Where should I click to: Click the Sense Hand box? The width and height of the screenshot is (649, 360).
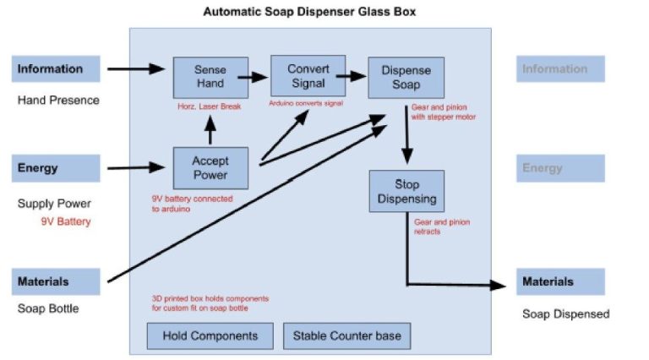[x=210, y=77]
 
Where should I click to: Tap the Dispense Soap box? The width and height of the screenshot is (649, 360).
[x=405, y=78]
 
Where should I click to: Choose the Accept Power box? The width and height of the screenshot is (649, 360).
[x=210, y=168]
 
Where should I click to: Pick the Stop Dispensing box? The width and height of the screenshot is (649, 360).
[x=406, y=192]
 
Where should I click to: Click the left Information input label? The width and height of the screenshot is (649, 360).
[x=56, y=69]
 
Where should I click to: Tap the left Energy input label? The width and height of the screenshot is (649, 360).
[x=56, y=167]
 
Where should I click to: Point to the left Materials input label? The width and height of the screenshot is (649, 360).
[x=56, y=281]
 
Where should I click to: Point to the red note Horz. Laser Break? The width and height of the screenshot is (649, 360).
[x=210, y=108]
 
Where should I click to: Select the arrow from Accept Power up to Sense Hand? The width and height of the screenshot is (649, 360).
[x=210, y=131]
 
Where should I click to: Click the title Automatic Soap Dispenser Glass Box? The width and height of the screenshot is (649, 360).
[x=309, y=13]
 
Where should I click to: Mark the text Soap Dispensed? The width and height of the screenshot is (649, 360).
[x=565, y=314]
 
